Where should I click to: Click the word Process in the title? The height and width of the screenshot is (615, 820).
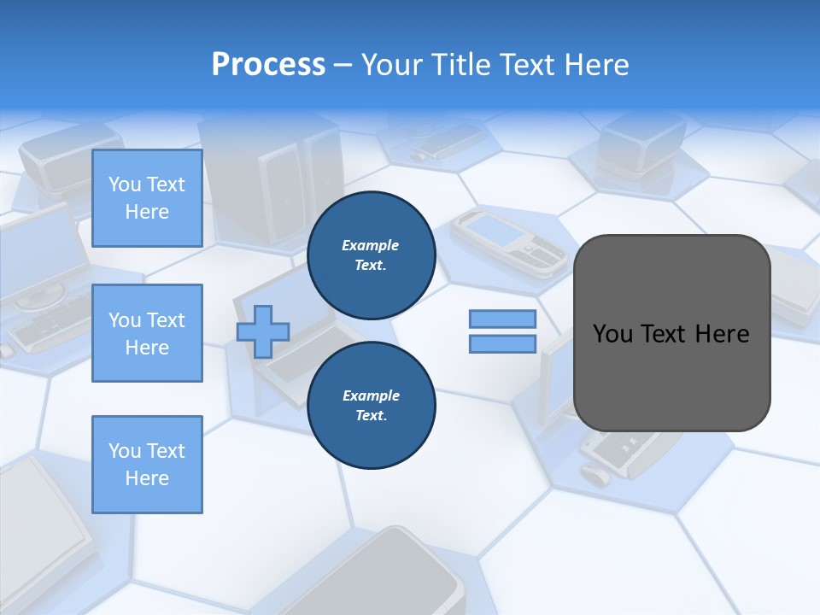click(268, 65)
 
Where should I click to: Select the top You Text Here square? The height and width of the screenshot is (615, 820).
click(147, 198)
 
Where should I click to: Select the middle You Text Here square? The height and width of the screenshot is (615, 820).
click(147, 333)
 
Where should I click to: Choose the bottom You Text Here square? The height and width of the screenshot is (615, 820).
click(147, 465)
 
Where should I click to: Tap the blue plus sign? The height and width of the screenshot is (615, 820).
click(263, 332)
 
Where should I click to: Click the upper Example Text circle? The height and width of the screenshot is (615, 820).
click(372, 255)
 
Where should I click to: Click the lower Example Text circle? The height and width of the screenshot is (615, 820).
click(372, 406)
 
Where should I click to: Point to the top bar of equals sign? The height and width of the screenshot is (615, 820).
click(502, 319)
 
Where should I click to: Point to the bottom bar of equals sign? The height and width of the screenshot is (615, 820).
click(502, 344)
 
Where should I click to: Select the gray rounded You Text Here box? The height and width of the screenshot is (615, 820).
click(671, 333)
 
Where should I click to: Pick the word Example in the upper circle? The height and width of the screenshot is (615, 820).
click(371, 245)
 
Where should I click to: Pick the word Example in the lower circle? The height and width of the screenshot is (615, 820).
click(371, 395)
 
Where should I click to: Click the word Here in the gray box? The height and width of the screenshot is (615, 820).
click(722, 334)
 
